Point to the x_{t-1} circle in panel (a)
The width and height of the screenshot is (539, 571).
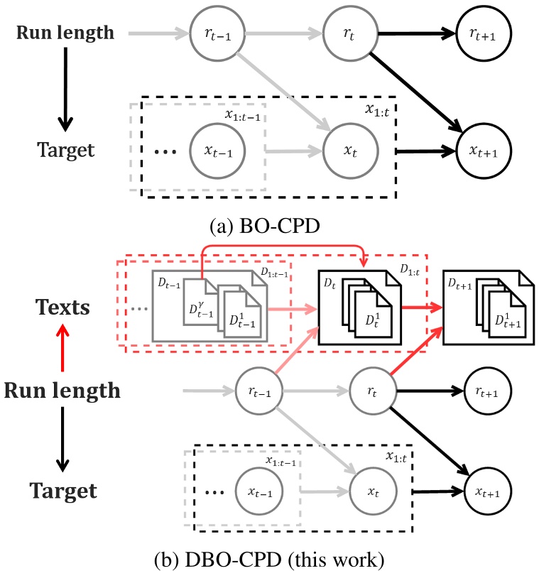[x=216, y=151]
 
